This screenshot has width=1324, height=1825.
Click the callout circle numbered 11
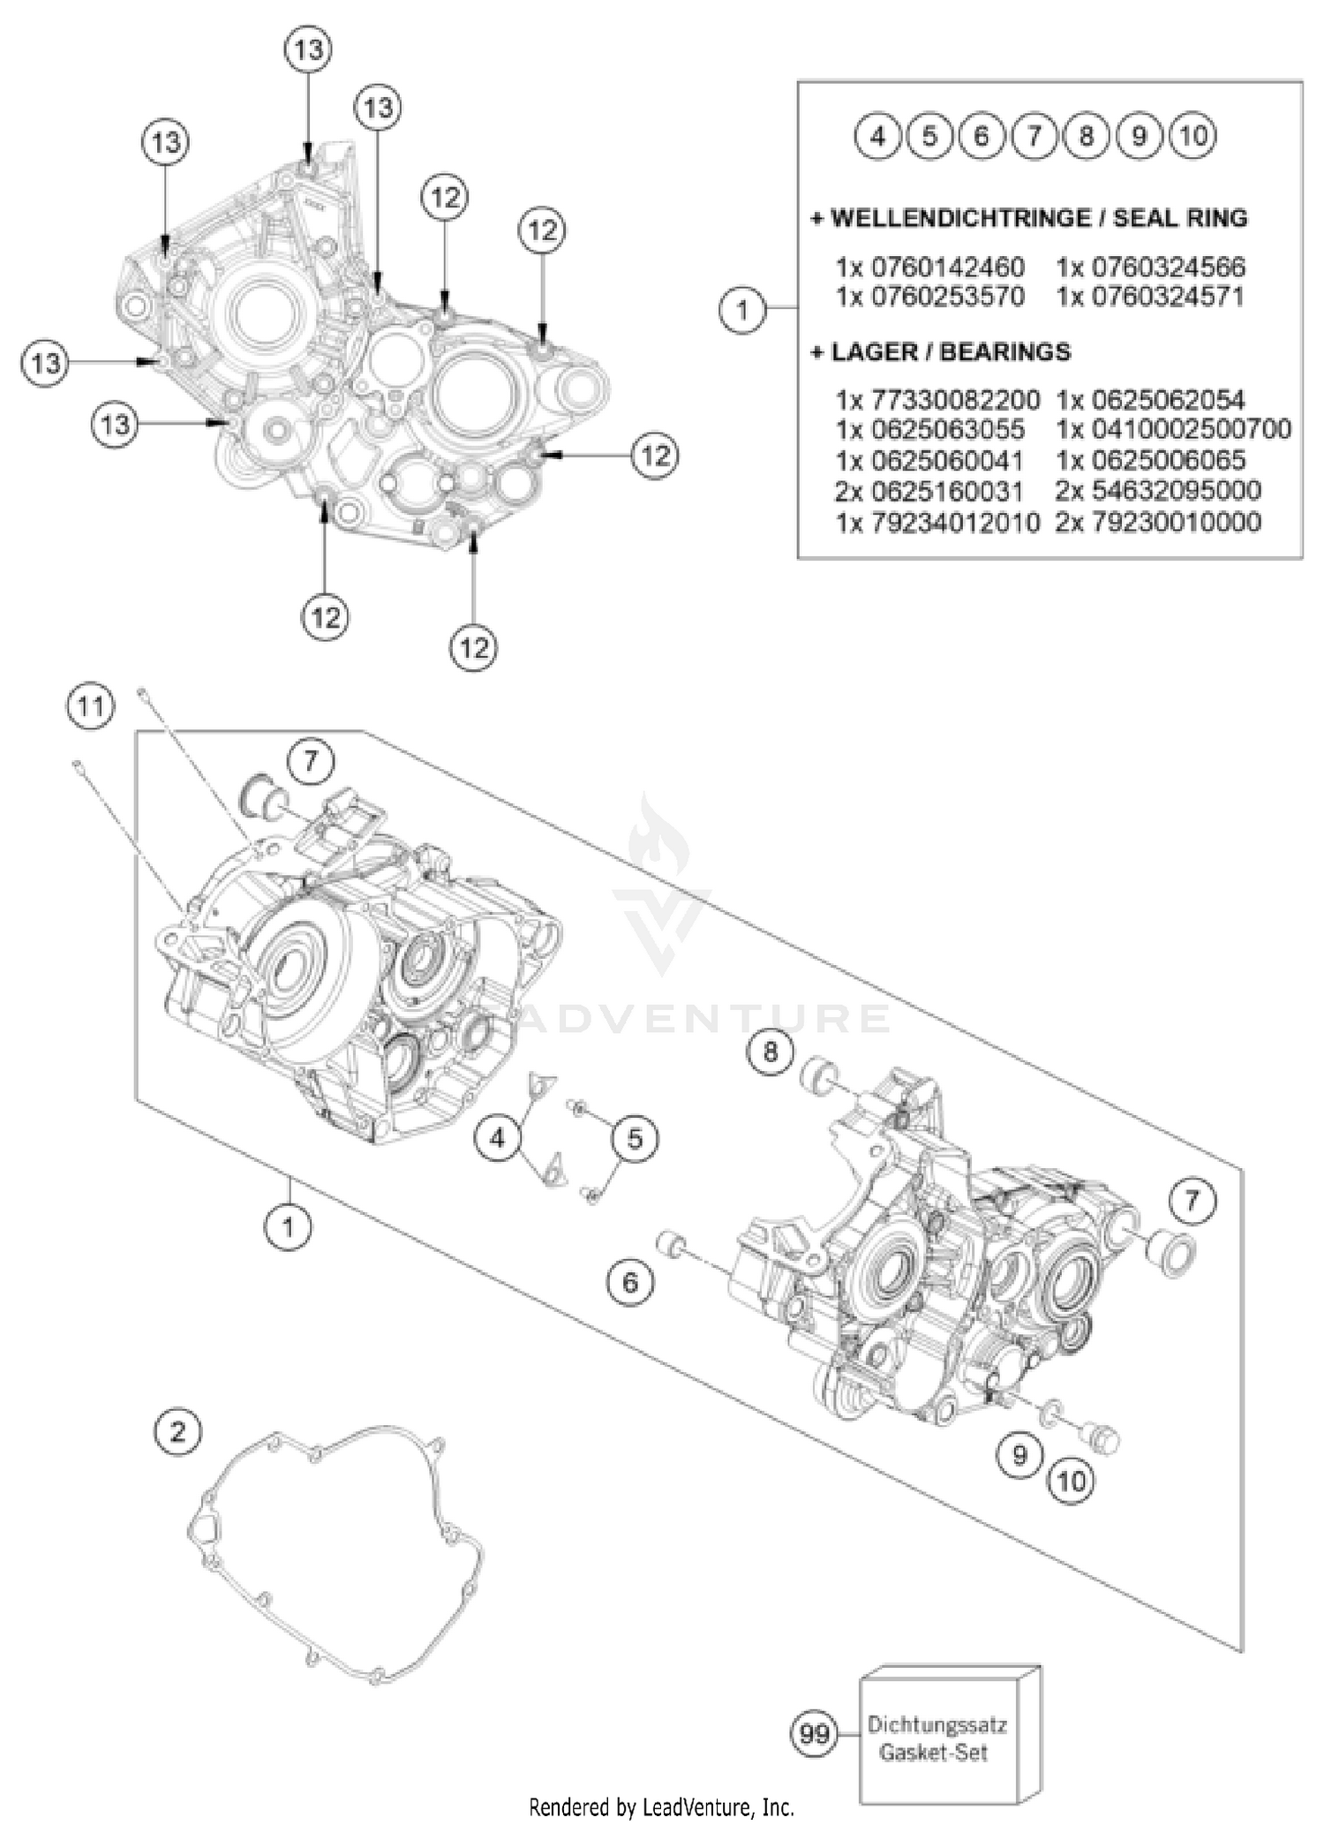point(90,706)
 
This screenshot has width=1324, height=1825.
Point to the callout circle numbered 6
point(630,1281)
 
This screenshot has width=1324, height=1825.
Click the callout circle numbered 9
point(1020,1454)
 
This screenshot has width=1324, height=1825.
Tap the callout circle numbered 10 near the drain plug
point(1072,1481)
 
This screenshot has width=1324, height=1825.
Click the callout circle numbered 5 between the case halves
point(636,1139)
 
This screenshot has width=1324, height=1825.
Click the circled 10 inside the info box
point(1192,136)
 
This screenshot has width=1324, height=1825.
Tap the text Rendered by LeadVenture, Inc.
point(661,1806)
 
